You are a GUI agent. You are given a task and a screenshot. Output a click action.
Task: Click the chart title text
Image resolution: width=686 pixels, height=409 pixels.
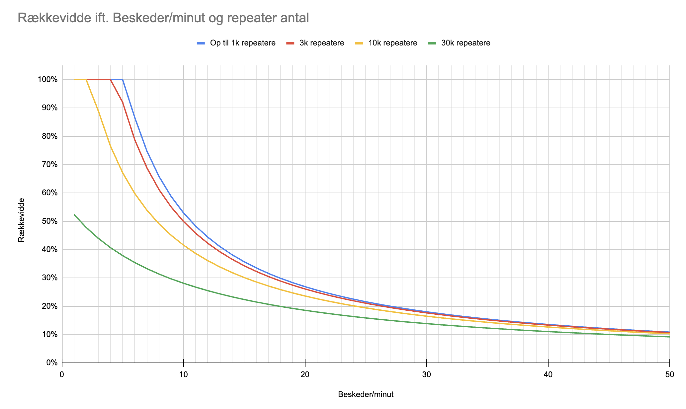163,18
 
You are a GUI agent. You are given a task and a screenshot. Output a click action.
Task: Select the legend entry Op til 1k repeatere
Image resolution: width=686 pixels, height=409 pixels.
236,43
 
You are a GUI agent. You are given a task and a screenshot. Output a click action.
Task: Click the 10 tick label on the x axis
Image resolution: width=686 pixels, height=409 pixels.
184,374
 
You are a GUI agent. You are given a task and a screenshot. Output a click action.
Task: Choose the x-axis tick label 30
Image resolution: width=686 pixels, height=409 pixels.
427,374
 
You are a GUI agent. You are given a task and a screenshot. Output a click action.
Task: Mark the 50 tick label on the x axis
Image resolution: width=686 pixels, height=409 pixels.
670,374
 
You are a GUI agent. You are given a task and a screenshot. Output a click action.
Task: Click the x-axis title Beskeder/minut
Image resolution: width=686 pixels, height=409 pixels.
366,394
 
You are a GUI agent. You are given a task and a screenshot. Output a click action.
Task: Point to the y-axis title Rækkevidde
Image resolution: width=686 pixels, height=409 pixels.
21,220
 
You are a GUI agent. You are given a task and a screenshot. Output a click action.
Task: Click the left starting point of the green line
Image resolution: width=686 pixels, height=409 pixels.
74,215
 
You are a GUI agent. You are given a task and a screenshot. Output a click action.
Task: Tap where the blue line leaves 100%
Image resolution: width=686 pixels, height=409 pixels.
123,80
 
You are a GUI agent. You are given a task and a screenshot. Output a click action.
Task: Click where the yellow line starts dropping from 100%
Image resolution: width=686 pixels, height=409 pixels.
86,80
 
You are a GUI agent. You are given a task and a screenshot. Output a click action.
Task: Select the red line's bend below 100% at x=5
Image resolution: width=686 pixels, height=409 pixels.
123,102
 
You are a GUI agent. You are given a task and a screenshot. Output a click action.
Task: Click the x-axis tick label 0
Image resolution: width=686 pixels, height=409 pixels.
62,374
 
